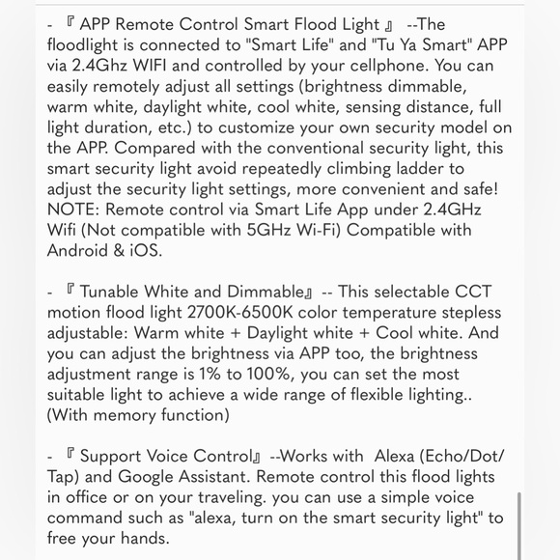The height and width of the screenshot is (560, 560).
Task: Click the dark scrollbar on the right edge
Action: [520, 526]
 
